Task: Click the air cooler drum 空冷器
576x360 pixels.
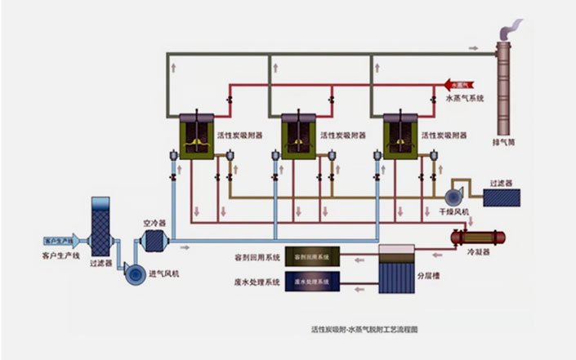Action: pos(153,241)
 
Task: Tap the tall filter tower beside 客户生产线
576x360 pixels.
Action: pos(100,228)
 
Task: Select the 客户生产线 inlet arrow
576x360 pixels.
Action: pos(62,241)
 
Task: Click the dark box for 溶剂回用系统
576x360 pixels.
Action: pos(311,256)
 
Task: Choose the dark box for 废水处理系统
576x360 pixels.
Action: pos(311,282)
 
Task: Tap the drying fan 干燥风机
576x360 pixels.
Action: pos(453,197)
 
